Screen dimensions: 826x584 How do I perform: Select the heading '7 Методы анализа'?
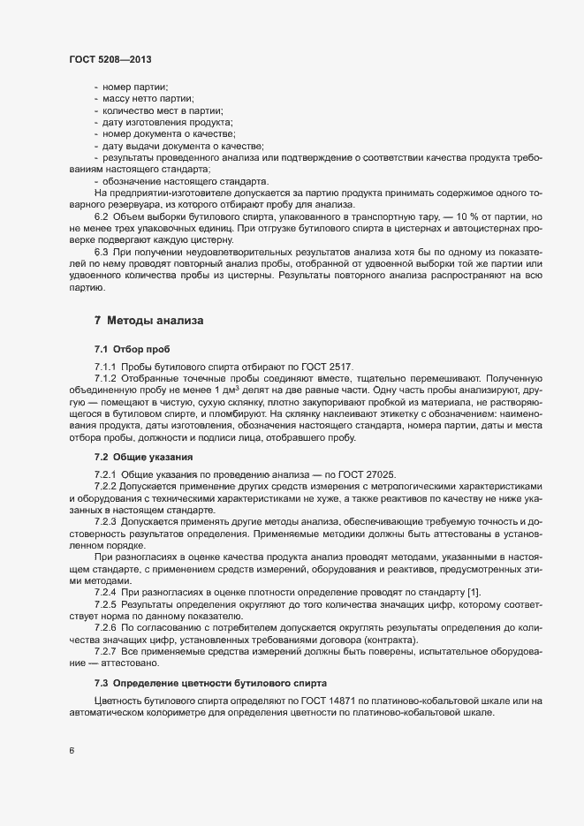tap(148, 319)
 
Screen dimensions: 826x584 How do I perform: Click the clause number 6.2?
tap(102, 217)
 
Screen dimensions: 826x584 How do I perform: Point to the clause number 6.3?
tap(102, 252)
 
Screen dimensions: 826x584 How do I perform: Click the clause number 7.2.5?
tap(106, 602)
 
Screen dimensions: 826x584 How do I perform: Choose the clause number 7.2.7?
tap(106, 649)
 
